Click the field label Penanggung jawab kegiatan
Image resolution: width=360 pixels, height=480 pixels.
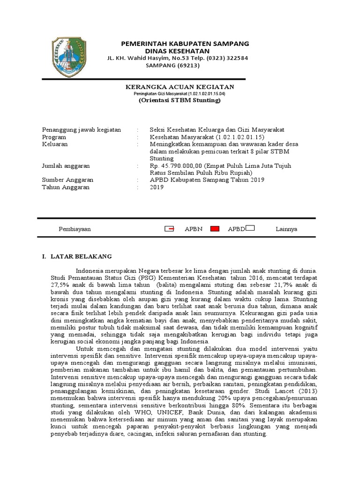pos(82,130)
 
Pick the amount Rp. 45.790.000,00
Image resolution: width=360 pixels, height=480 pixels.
pos(176,166)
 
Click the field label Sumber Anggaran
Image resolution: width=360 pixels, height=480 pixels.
pos(67,180)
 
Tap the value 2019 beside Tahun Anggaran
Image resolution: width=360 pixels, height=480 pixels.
pos(157,187)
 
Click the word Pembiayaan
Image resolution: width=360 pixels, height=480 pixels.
pos(75,229)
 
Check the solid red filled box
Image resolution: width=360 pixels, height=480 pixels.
pos(215,229)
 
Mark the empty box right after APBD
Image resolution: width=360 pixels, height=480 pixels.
pos(250,229)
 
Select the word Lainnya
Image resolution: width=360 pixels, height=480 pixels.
pos(286,229)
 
